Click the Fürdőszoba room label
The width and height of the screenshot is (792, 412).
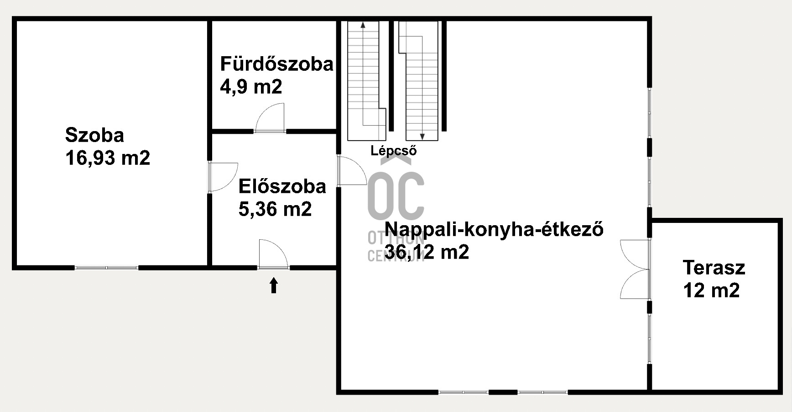276,64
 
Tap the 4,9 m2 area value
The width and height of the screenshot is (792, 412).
251,86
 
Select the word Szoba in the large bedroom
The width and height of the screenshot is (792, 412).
94,135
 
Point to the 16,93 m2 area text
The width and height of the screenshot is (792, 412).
108,158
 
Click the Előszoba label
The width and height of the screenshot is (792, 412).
282,186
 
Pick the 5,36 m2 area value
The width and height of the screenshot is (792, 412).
275,209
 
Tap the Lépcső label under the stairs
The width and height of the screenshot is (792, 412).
393,151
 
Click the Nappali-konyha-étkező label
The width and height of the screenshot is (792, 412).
494,229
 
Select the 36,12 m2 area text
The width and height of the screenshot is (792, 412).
427,252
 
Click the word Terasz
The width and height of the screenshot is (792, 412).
714,268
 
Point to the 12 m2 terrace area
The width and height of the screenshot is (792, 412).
711,290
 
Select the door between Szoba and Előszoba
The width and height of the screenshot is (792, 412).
221,176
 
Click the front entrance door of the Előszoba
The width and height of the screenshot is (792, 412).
273,254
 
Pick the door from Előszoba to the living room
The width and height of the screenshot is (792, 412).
352,170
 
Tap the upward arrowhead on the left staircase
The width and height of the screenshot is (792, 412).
363,25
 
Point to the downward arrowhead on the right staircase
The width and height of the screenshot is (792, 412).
422,136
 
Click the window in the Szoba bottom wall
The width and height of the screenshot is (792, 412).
107,268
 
